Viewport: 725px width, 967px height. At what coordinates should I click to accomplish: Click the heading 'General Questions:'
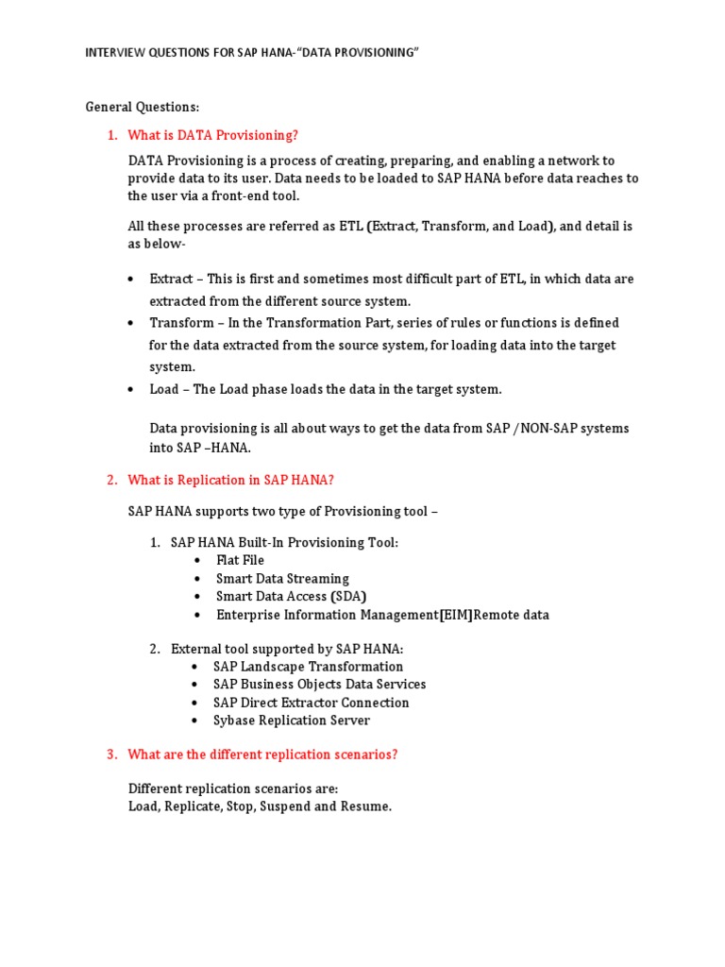click(143, 107)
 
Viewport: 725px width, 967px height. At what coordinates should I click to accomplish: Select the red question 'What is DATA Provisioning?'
click(212, 135)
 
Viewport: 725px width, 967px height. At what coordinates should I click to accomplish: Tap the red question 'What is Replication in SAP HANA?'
click(230, 480)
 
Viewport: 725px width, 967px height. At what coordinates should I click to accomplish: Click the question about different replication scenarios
click(262, 755)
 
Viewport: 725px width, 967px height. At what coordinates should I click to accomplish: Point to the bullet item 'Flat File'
click(240, 560)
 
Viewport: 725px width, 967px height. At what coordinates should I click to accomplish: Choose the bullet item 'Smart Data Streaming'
click(282, 578)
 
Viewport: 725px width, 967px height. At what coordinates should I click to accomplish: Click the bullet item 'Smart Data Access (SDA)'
click(291, 596)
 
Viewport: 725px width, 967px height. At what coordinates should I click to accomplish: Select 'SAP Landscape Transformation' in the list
click(308, 666)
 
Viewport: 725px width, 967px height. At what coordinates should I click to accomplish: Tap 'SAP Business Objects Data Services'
click(319, 684)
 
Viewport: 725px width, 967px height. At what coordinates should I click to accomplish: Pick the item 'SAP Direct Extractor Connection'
click(311, 703)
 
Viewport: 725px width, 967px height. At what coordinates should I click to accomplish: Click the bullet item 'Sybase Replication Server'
click(292, 721)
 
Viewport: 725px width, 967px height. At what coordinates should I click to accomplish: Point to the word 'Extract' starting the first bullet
click(171, 279)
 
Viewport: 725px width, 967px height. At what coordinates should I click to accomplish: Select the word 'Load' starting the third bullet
click(163, 389)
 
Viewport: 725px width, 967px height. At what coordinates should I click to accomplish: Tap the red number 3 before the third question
click(110, 755)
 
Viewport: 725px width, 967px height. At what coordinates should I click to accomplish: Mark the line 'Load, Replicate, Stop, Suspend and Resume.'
click(260, 807)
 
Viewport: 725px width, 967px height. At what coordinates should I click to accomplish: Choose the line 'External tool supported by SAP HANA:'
click(287, 649)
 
